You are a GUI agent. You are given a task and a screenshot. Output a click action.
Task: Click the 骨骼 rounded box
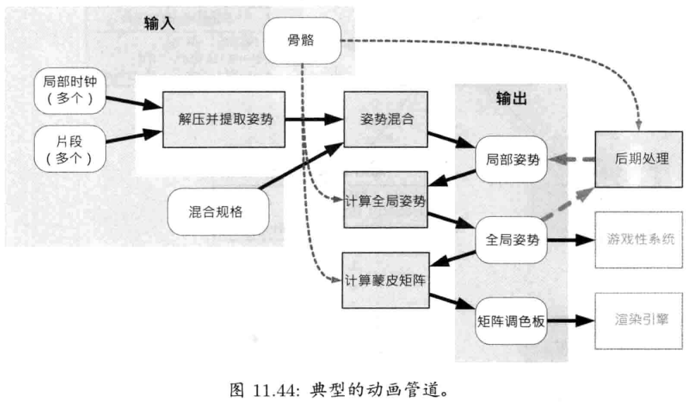coord(303,40)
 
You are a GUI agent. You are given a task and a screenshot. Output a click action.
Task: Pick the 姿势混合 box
coord(385,119)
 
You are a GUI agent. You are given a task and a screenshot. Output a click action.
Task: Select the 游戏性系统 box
coord(642,239)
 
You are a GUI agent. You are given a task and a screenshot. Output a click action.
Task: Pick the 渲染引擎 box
coord(642,318)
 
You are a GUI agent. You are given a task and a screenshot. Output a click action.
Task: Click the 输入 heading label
coord(158,23)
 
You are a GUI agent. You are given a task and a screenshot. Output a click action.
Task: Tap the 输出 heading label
coord(511,98)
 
